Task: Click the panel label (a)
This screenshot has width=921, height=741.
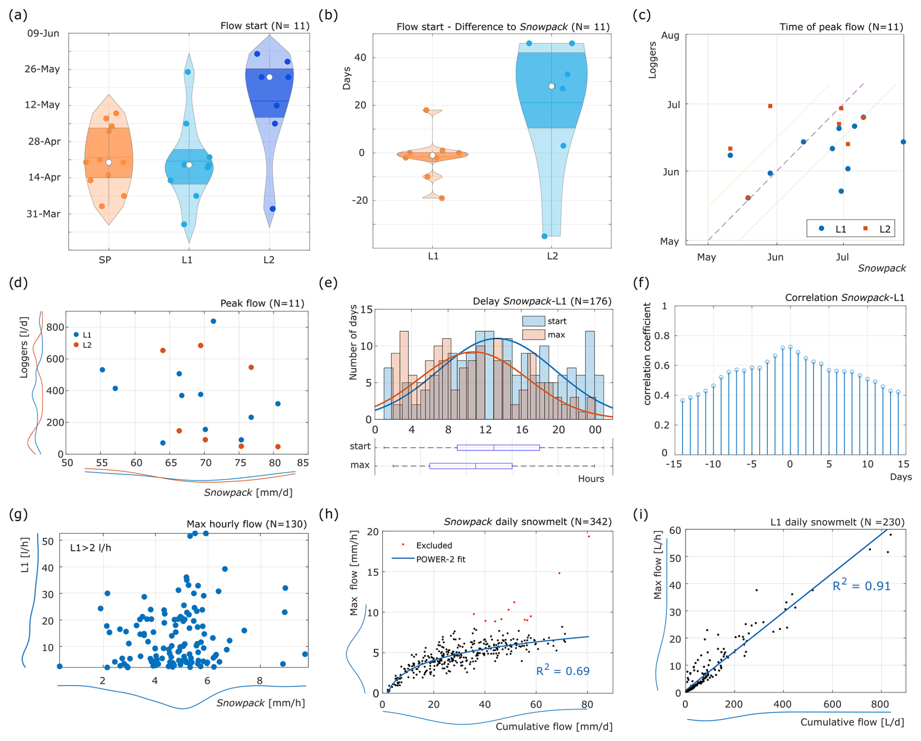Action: (x=18, y=15)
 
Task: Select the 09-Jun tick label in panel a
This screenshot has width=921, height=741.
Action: (x=43, y=34)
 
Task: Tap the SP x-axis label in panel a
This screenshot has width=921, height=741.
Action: (x=105, y=260)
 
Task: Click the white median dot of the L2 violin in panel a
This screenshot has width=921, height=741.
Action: (x=269, y=77)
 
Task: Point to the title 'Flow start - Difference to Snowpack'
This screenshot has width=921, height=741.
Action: (x=503, y=27)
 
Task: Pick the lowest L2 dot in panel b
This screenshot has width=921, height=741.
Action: (x=544, y=236)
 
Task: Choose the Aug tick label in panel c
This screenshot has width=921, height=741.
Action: (x=670, y=36)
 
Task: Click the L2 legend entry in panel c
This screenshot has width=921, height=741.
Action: (x=878, y=229)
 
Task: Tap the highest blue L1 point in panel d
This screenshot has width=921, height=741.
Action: (x=213, y=321)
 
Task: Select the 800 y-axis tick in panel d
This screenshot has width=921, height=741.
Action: (x=55, y=327)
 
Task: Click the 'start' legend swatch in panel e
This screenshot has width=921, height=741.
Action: (x=533, y=321)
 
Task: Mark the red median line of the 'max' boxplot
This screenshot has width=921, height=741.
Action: (x=476, y=466)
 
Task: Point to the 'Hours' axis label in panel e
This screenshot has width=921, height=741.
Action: (x=590, y=479)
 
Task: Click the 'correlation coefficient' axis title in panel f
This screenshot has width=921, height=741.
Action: (x=647, y=354)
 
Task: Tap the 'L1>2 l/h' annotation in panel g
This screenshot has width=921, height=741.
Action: (x=91, y=548)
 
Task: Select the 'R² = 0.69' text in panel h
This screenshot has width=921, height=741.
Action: (x=562, y=671)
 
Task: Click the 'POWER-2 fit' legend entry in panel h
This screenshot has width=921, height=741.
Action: (x=440, y=559)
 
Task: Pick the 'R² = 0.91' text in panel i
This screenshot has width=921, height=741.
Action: (x=861, y=585)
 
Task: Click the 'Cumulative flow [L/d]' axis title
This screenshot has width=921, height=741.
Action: (x=852, y=722)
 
